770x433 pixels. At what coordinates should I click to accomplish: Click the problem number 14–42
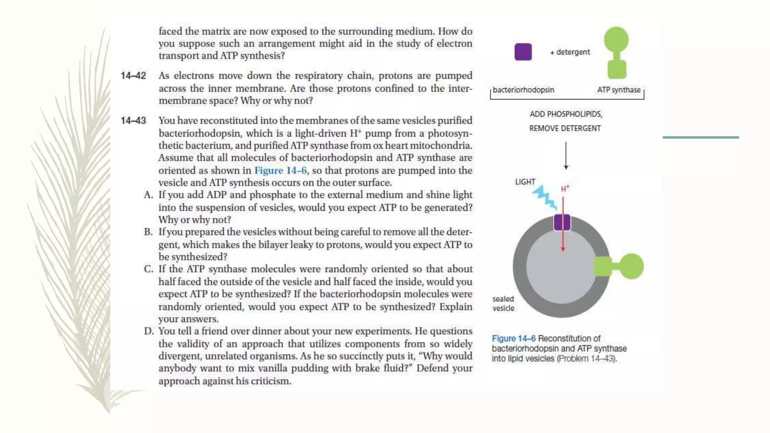(x=133, y=76)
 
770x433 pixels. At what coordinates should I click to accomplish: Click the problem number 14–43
(x=133, y=121)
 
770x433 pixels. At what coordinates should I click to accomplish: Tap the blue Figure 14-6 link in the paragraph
(x=280, y=171)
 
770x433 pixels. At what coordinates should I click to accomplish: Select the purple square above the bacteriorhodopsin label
(x=523, y=52)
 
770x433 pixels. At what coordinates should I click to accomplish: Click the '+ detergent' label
(x=570, y=52)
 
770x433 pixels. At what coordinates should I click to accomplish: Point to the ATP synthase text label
(x=618, y=90)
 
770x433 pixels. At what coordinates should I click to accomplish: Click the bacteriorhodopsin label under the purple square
(x=523, y=90)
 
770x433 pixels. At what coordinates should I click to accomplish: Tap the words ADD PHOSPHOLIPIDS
(x=565, y=114)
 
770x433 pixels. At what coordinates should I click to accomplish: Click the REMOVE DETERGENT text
(x=565, y=129)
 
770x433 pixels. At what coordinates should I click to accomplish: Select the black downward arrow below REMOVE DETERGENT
(x=566, y=156)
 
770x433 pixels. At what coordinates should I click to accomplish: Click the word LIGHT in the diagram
(x=525, y=182)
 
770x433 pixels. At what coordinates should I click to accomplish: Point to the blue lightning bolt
(x=544, y=197)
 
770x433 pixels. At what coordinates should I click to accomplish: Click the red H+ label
(x=565, y=189)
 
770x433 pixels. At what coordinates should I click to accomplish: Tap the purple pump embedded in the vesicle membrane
(x=562, y=223)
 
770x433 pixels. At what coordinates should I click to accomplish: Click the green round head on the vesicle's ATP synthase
(x=631, y=266)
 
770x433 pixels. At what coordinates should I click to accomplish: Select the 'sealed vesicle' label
(x=503, y=304)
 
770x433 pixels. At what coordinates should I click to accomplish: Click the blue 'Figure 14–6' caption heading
(x=514, y=339)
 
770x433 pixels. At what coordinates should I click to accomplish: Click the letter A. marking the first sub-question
(x=148, y=195)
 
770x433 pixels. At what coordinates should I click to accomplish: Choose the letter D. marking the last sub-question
(x=149, y=332)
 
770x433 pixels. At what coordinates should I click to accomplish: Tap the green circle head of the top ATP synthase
(x=616, y=39)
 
